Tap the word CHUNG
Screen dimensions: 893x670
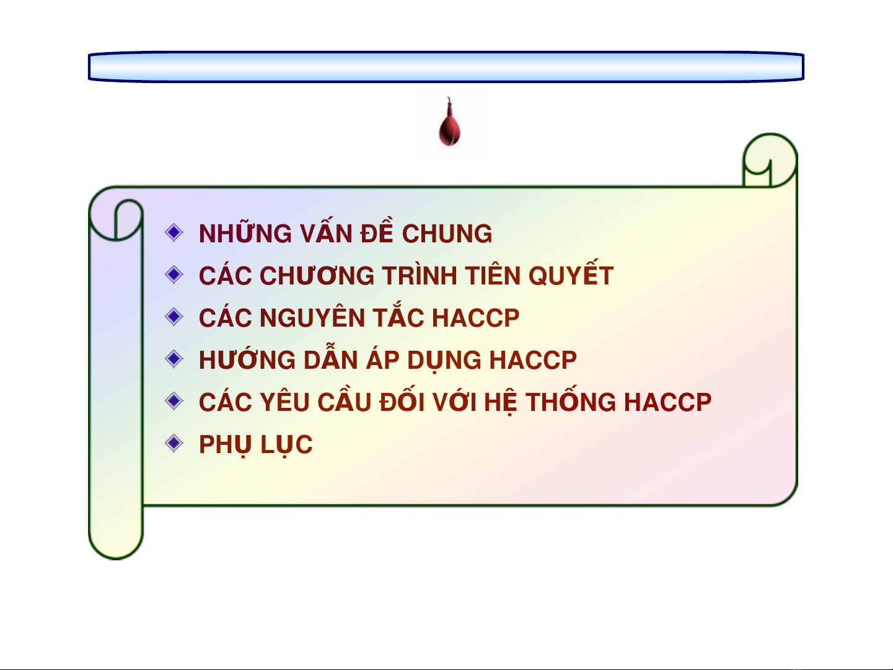coord(447,234)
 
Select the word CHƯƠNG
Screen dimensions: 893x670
coord(317,275)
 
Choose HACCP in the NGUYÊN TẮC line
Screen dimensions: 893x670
coord(475,318)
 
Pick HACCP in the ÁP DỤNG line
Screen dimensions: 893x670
coord(533,360)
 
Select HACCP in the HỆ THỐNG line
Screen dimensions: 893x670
coord(668,402)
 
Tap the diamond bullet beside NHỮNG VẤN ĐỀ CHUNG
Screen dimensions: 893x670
coord(174,232)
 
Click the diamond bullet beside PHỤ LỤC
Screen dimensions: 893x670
coord(174,443)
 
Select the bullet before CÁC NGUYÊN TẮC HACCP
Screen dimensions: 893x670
coord(174,317)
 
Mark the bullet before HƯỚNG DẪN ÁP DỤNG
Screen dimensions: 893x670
coord(174,359)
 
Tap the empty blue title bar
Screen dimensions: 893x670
coord(446,67)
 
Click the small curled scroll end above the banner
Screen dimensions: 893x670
coord(769,161)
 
